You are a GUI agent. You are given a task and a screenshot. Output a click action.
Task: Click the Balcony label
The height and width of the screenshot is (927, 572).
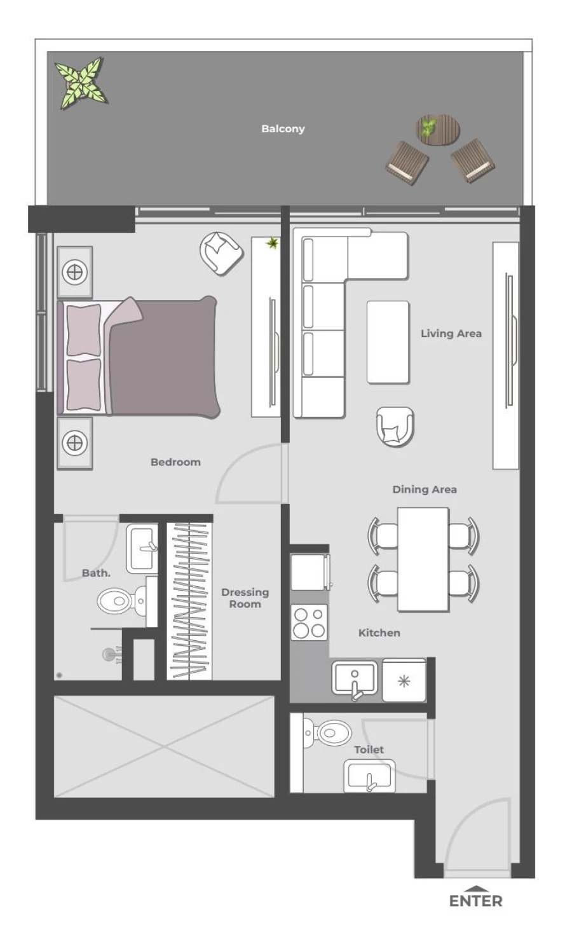coord(283,128)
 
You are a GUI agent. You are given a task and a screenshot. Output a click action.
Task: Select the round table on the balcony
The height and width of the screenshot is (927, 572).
coord(437,129)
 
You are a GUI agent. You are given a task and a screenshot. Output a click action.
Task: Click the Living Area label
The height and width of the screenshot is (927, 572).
coord(451,333)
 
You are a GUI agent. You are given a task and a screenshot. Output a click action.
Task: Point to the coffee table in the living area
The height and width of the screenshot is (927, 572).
coord(387,342)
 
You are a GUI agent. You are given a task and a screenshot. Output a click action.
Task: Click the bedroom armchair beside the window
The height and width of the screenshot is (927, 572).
coord(221,252)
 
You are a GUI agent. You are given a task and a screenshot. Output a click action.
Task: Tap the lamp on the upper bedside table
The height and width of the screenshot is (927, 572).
coord(74,272)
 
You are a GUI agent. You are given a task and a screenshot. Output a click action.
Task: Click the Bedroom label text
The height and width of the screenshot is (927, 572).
coord(175,462)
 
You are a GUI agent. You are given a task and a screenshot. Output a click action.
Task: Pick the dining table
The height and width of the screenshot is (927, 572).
coord(423,559)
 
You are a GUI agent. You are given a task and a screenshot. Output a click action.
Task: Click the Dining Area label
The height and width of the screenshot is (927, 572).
coord(424,489)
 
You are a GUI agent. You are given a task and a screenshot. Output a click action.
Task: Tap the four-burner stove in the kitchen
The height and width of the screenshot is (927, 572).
coord(309,622)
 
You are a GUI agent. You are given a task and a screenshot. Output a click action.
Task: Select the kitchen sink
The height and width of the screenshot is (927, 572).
coord(355,678)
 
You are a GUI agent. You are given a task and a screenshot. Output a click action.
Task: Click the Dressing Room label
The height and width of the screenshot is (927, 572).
coord(245,598)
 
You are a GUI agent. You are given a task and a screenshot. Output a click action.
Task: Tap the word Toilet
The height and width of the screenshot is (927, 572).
coord(369,750)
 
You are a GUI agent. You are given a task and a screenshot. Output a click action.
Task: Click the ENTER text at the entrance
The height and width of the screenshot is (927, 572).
coord(475,900)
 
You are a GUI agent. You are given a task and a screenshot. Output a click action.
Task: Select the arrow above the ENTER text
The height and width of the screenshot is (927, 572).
coord(475,889)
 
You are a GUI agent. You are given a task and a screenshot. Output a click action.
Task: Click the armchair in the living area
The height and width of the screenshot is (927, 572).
coord(395,426)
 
